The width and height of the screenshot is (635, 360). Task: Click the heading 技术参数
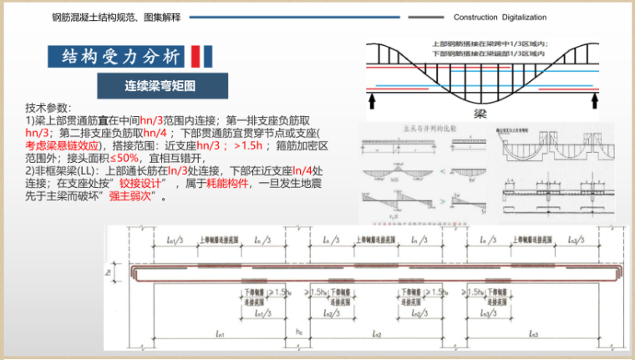click(x=48, y=108)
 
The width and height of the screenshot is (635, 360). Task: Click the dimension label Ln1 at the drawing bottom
click(x=220, y=335)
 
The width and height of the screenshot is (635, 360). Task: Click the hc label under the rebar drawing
click(x=297, y=331)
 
